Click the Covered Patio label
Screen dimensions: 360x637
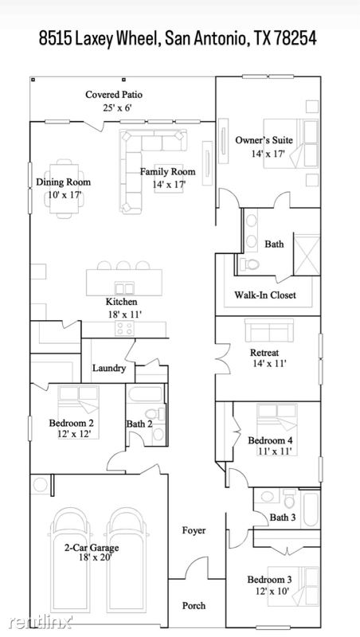tap(114, 95)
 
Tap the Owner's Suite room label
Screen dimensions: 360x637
tap(264, 140)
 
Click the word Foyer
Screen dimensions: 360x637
tap(194, 530)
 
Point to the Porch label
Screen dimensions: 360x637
tap(194, 605)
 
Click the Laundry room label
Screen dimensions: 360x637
tap(109, 368)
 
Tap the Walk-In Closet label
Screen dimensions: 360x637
tap(265, 295)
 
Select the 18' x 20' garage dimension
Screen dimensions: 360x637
tap(95, 557)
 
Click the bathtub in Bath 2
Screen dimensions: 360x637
tap(146, 394)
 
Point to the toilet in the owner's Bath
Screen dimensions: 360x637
tap(249, 264)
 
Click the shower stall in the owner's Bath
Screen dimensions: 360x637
tap(307, 255)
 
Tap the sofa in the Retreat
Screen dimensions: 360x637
tap(269, 329)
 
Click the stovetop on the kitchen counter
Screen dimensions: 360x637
tap(124, 328)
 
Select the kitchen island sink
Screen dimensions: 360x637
tap(124, 288)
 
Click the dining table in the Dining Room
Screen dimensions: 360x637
tap(65, 188)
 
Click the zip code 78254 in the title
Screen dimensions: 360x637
tap(295, 38)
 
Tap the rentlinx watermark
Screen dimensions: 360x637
tap(41, 622)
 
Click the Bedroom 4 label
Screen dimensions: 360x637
tap(271, 440)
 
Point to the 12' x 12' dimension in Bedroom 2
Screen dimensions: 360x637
tap(73, 433)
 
